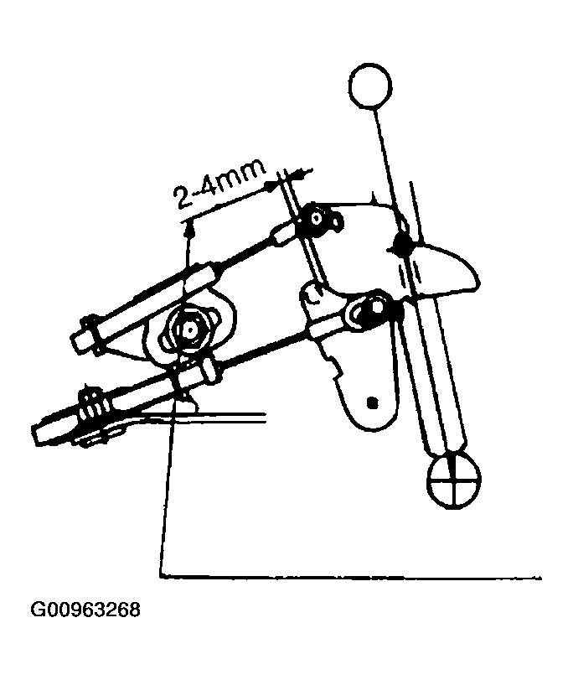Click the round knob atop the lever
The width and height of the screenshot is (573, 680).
pyautogui.click(x=370, y=85)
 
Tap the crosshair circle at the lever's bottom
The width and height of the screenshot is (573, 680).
pyautogui.click(x=453, y=481)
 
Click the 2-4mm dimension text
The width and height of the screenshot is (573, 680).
pyautogui.click(x=219, y=185)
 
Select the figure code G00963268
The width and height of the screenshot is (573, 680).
pyautogui.click(x=85, y=610)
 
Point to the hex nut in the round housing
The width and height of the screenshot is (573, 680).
pyautogui.click(x=190, y=330)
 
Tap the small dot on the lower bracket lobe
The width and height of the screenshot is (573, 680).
pyautogui.click(x=371, y=402)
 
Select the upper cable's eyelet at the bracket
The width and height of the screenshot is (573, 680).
pyautogui.click(x=316, y=219)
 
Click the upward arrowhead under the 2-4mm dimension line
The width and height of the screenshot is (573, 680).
pyautogui.click(x=189, y=229)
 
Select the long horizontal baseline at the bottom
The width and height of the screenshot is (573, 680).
pyautogui.click(x=351, y=577)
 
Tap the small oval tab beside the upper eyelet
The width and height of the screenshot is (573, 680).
pyautogui.click(x=337, y=220)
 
